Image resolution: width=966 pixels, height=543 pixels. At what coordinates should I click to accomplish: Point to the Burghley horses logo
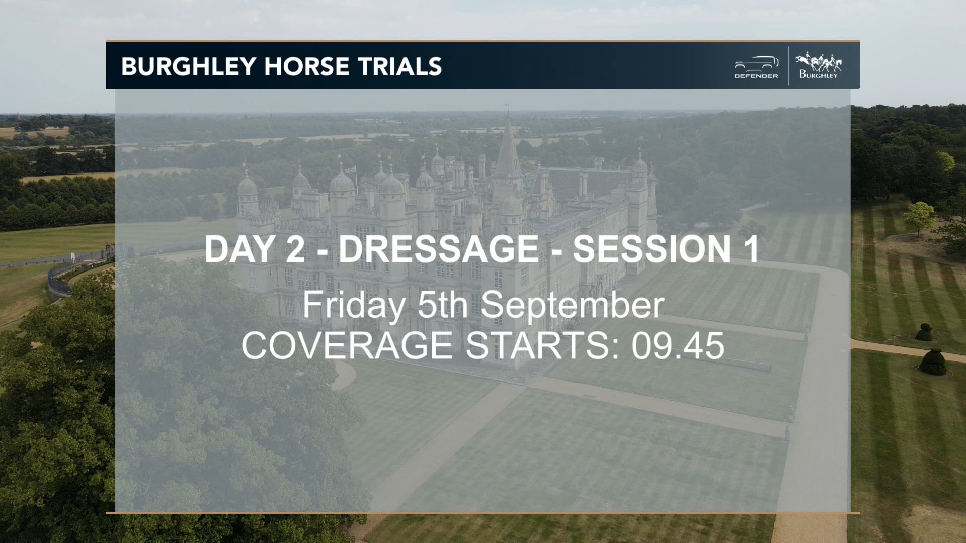click(819, 65)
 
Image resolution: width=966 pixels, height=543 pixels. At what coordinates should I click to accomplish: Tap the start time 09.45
click(678, 345)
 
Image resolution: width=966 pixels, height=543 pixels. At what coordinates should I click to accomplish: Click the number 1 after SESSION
click(751, 249)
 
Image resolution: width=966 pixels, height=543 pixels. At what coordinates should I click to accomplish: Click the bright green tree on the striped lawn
click(920, 215)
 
